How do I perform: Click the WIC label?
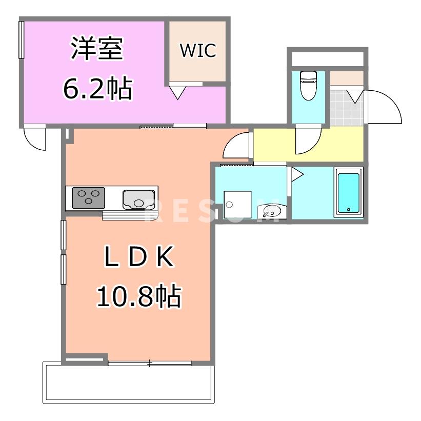pyautogui.click(x=197, y=51)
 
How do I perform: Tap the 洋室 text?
pyautogui.click(x=97, y=50)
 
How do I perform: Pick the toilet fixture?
pyautogui.click(x=308, y=85)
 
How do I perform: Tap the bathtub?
pyautogui.click(x=348, y=193)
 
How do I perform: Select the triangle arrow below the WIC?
pyautogui.click(x=178, y=92)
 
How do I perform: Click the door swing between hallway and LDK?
pyautogui.click(x=237, y=146)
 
